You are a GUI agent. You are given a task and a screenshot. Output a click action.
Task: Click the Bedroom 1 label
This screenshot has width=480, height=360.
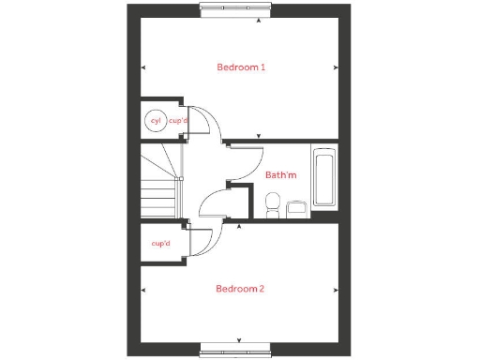click(x=242, y=67)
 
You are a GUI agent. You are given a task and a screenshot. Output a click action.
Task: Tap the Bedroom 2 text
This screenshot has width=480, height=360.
click(x=240, y=289)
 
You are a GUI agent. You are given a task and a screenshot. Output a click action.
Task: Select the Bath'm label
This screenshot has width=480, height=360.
click(x=280, y=174)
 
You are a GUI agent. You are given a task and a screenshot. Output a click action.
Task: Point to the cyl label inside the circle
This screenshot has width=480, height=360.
click(x=156, y=120)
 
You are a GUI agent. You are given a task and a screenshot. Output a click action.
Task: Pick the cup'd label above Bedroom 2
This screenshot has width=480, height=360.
click(x=161, y=243)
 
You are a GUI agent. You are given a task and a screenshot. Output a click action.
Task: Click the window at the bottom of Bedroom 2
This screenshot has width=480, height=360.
click(x=240, y=349)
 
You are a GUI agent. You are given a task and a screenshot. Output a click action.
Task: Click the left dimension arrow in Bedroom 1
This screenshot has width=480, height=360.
click(x=142, y=67)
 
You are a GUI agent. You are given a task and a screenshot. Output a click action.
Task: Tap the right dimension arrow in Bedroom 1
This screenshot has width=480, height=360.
click(x=337, y=67)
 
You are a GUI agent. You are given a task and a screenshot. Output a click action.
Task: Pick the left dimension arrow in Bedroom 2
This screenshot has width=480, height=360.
click(x=142, y=289)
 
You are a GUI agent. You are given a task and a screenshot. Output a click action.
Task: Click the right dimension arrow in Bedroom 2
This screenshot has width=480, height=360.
click(x=337, y=289)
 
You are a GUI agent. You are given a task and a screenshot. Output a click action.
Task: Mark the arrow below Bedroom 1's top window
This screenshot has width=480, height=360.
click(x=240, y=20)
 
